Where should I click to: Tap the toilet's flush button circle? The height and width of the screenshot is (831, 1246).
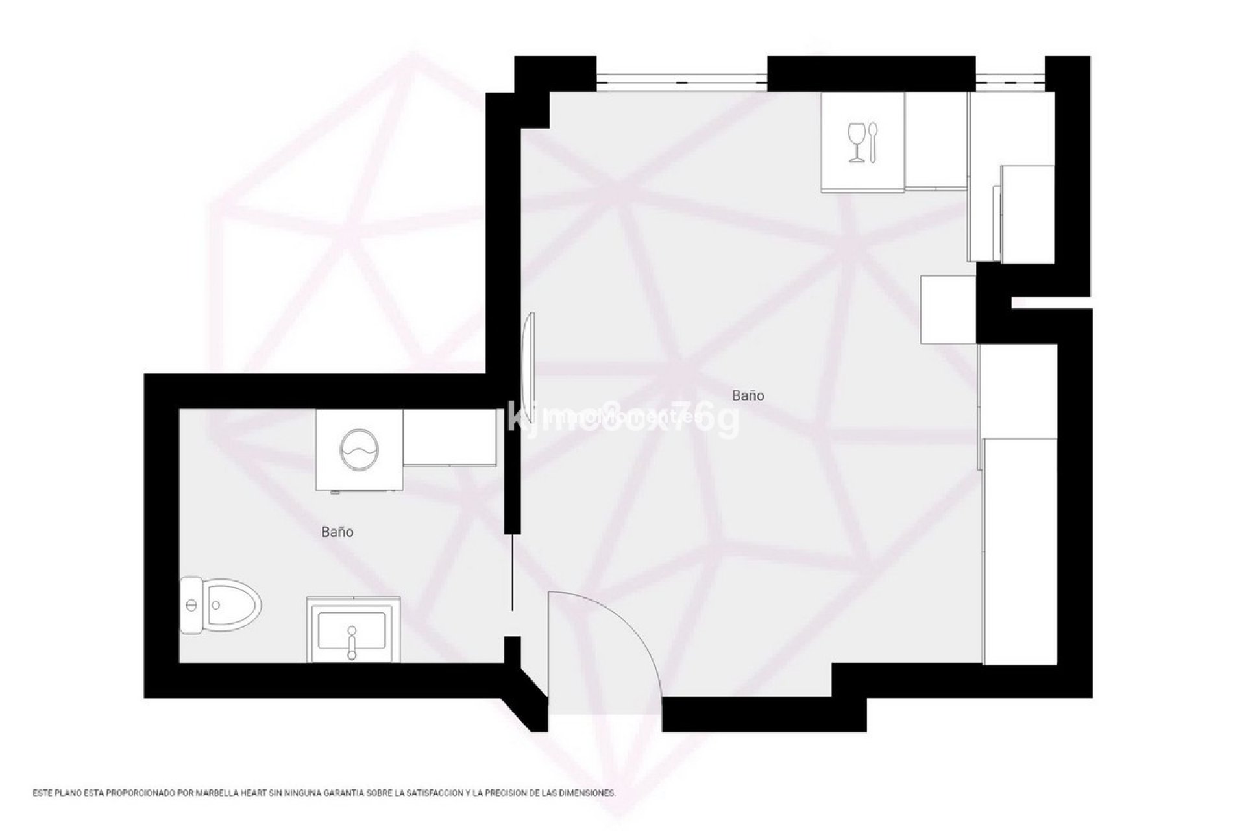191,604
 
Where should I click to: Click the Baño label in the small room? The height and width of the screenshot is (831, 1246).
337,532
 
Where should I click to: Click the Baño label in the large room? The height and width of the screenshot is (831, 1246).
748,395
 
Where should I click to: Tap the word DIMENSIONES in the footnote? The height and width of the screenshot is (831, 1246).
590,793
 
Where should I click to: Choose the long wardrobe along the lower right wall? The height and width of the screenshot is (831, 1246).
1021,551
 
